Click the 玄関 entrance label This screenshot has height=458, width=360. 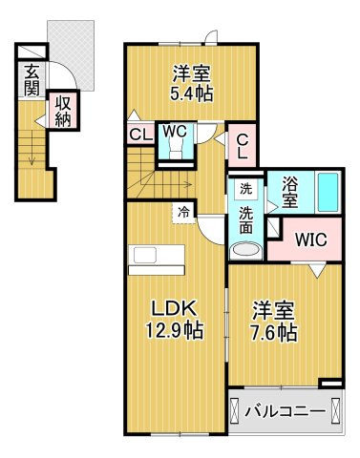click(x=32, y=80)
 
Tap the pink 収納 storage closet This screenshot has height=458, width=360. click(x=63, y=111)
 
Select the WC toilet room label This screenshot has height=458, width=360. click(x=175, y=131)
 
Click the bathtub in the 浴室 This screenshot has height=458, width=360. click(x=328, y=193)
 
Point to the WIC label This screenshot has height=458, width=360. click(x=310, y=239)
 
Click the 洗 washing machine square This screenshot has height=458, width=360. click(x=245, y=189)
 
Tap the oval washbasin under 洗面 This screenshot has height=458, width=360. click(x=245, y=249)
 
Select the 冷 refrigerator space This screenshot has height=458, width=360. click(x=183, y=213)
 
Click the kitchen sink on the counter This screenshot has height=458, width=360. click(x=145, y=255)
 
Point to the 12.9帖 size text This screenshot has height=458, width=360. click(x=174, y=330)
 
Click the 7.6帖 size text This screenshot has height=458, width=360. click(x=274, y=332)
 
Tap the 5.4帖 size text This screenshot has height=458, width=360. click(x=191, y=94)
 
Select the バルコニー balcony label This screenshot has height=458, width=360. click(x=286, y=412)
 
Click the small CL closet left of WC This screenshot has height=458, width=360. click(x=140, y=135)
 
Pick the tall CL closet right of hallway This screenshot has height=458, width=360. click(x=243, y=145)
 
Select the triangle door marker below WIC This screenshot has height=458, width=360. click(x=317, y=271)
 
